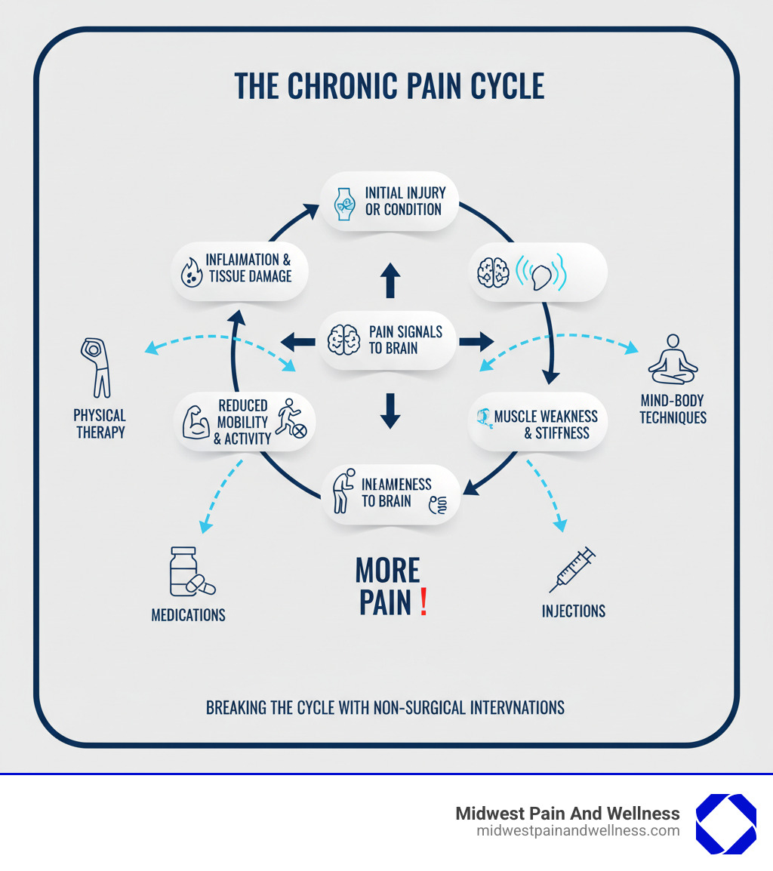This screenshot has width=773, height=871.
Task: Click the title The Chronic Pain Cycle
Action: tap(389, 87)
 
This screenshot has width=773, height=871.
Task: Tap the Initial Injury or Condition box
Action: tap(390, 201)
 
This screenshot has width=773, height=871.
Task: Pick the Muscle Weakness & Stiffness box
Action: tap(537, 424)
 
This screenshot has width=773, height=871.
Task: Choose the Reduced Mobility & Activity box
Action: tap(245, 422)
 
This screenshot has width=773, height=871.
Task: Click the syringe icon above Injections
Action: tap(572, 570)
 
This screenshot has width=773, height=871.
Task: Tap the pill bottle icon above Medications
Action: tap(186, 573)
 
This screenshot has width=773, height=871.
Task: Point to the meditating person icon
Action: tap(673, 360)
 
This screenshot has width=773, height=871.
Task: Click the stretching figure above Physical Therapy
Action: tap(96, 368)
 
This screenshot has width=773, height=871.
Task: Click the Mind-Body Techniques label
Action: tap(673, 409)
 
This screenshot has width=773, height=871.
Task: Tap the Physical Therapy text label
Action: tap(100, 423)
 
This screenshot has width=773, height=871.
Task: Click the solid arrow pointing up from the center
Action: tap(390, 280)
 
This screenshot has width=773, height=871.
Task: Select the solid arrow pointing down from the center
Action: tap(390, 411)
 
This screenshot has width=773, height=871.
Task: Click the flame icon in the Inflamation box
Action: tap(189, 270)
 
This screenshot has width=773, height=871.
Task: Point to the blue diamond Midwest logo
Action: tap(725, 823)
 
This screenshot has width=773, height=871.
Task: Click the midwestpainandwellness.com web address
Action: tap(577, 831)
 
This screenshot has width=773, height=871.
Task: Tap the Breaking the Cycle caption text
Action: tap(385, 707)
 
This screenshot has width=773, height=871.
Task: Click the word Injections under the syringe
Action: tap(573, 611)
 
